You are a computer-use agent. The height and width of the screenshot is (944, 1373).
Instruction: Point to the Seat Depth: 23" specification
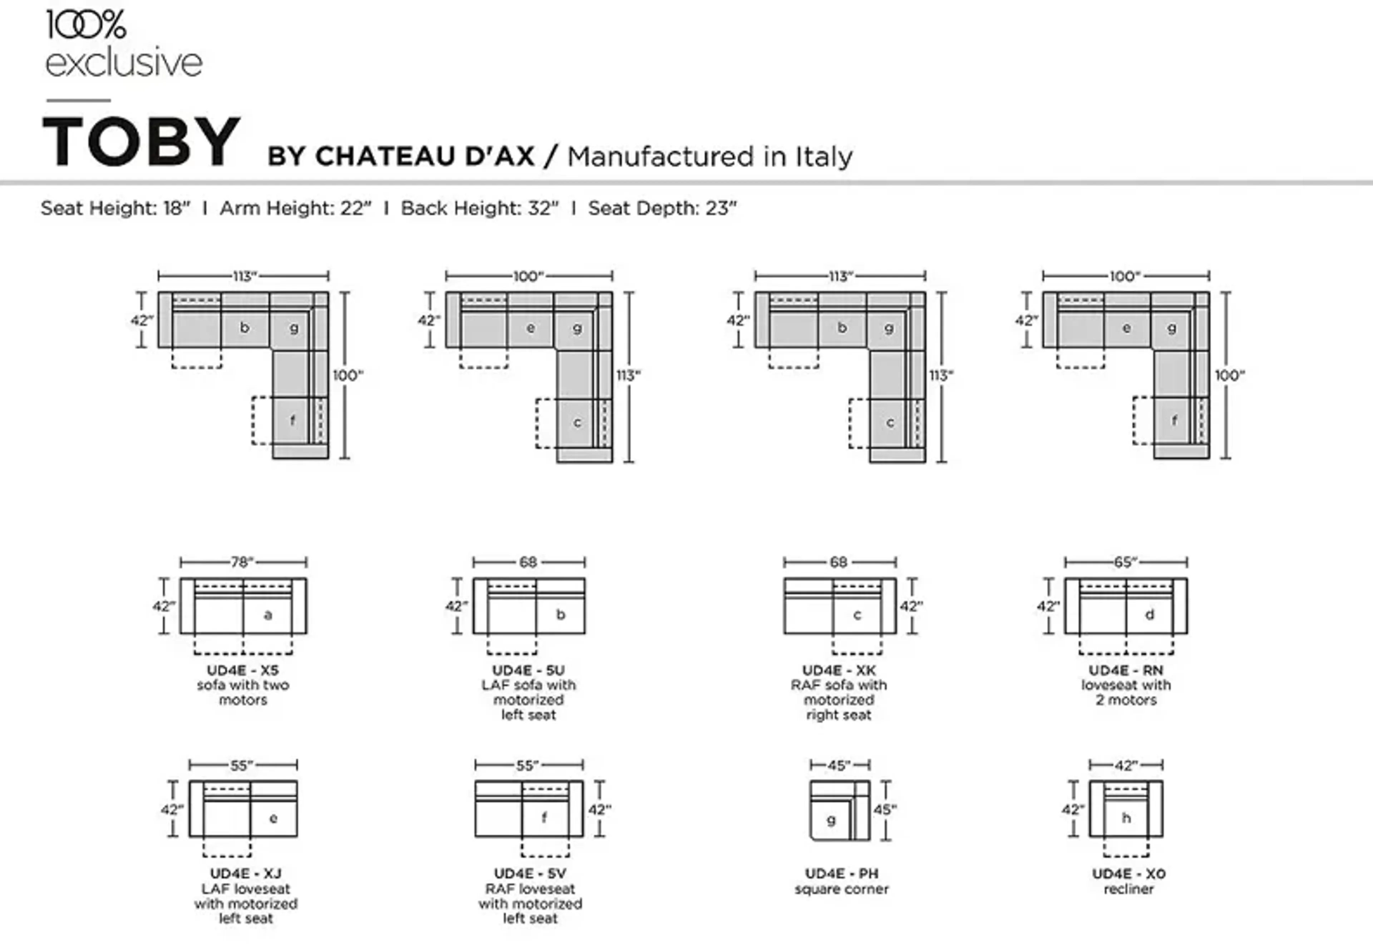(662, 208)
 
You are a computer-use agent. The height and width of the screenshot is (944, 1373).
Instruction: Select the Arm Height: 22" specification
(296, 208)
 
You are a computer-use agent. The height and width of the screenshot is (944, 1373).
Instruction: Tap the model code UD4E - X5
(242, 670)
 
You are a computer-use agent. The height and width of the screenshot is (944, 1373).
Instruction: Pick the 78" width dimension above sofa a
(242, 562)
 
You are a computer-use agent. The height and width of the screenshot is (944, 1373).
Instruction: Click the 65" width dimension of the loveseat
(1125, 562)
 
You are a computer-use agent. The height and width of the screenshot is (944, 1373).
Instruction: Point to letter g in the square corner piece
(831, 820)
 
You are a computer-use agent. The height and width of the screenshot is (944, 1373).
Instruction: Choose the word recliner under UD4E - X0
(1128, 889)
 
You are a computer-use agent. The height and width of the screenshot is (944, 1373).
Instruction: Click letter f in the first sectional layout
(292, 421)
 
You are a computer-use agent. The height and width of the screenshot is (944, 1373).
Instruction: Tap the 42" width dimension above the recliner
(1126, 766)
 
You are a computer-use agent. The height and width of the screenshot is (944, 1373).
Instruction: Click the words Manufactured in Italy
(709, 157)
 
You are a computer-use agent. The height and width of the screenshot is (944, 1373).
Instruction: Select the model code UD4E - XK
(839, 670)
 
